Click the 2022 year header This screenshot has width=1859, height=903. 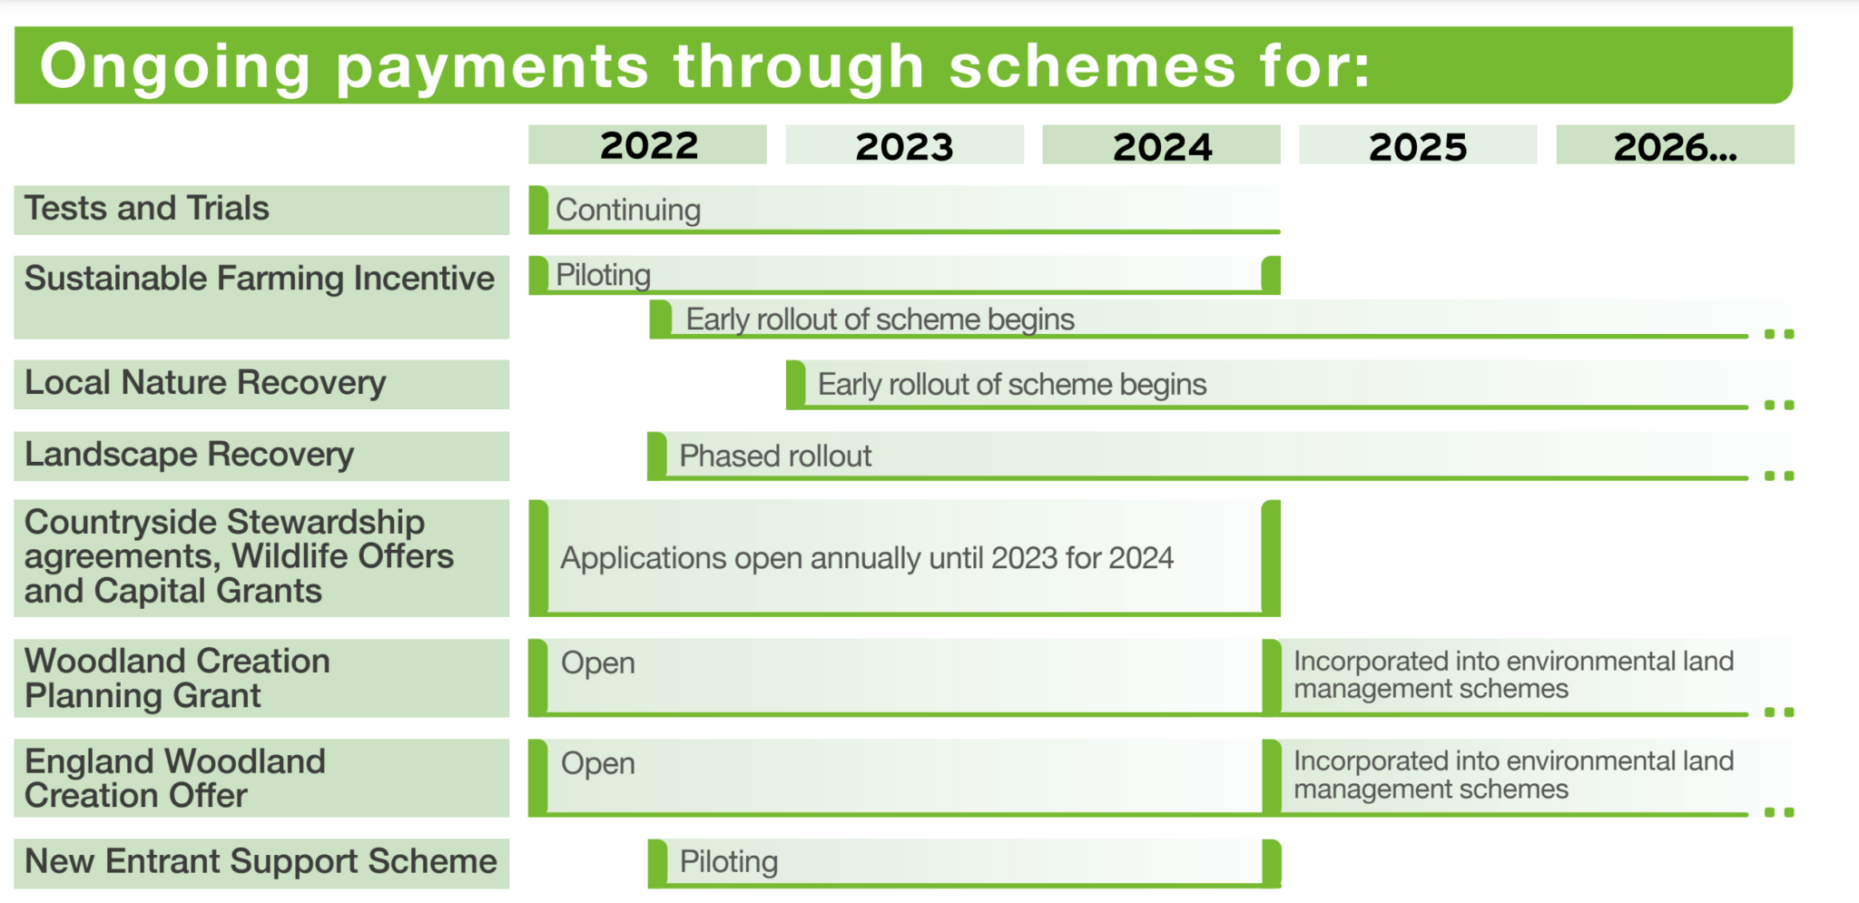(648, 145)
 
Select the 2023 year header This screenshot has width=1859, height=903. (904, 146)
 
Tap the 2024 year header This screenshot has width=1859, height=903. (1162, 146)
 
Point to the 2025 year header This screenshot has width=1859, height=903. (1418, 146)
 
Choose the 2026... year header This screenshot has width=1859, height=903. (1675, 146)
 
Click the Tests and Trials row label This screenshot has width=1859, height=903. (147, 209)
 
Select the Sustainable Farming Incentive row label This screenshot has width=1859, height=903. (260, 279)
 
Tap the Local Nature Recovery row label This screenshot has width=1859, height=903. (205, 383)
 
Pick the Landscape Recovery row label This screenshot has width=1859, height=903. (189, 455)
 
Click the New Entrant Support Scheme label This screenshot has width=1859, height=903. (261, 861)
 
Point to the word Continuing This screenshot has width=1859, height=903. (628, 211)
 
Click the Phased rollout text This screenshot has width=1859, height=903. (775, 456)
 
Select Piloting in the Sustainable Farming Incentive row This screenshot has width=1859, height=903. (604, 275)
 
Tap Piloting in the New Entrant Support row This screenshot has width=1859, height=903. (729, 861)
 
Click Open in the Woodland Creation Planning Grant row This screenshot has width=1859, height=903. (597, 663)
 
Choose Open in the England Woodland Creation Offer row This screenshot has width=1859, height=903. (597, 764)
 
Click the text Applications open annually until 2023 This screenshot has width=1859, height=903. (867, 558)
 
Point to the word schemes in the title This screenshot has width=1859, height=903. (1092, 67)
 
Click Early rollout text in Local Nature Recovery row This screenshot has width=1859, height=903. (1011, 385)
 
